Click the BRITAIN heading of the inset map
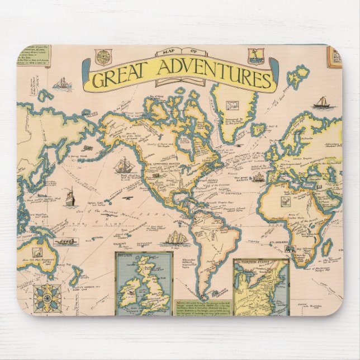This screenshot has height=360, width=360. point(127,259)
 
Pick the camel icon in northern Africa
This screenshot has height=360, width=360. point(286,200)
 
